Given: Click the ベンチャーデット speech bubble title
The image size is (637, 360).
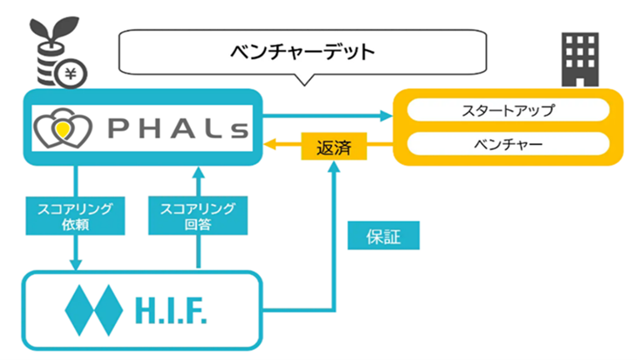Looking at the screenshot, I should [303, 52].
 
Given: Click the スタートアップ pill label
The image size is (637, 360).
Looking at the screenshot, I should [507, 109].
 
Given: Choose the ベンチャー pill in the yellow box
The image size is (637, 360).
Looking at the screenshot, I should [507, 145].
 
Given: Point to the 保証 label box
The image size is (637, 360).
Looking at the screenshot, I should [383, 236].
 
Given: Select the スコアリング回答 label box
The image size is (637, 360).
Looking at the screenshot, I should [198, 216].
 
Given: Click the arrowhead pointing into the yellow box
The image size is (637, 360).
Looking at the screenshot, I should [388, 116].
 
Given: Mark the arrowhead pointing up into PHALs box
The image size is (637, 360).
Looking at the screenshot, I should [198, 172].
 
